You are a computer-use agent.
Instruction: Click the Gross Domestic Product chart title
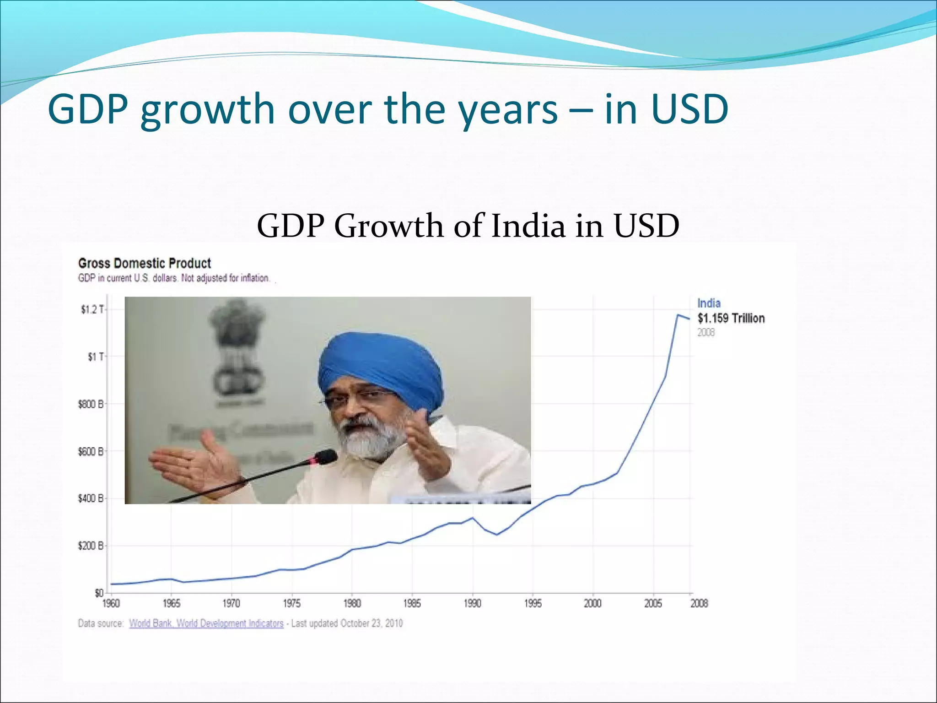coord(144,263)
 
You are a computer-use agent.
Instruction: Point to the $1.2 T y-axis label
coord(92,310)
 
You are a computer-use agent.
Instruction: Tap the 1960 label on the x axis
coord(111,604)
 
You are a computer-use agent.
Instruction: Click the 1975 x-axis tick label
coord(292,604)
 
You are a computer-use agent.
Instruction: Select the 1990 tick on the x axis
coord(473,604)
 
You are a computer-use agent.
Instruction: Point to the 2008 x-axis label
coord(699,604)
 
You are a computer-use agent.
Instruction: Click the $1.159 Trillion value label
coord(731,318)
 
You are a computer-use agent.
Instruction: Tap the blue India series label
coord(709,303)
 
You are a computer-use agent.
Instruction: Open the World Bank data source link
coord(206,623)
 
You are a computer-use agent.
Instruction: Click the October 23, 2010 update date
coord(371,623)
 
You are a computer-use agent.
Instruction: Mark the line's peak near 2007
coord(678,315)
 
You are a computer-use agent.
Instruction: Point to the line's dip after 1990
coord(497,535)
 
